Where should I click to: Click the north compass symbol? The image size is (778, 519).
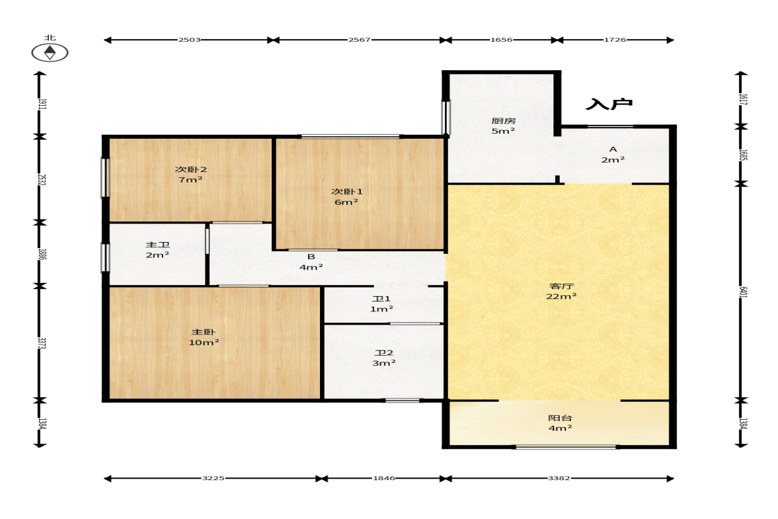50,53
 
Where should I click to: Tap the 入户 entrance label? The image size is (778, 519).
609,104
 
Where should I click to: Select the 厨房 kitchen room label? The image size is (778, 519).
503,120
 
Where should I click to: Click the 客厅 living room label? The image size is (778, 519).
562,286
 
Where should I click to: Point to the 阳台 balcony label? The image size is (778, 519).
560,418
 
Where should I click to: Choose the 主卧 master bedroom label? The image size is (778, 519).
204,332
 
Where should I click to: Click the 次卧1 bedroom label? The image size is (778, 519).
347,192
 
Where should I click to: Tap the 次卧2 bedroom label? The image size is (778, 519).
190,169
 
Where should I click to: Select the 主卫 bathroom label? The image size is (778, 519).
157,245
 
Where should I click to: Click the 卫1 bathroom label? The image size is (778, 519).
381,299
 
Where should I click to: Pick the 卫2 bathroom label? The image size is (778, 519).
384,353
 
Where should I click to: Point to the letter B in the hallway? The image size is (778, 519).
311,257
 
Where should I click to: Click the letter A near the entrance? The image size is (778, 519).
613,149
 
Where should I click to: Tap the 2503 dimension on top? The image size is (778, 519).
190,40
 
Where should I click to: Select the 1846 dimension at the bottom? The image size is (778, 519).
384,478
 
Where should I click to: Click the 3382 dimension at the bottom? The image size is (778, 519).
559,478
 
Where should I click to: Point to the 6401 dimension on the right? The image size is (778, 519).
743,292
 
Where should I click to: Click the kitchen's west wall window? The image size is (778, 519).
446,117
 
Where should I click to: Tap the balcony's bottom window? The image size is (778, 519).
566,447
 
